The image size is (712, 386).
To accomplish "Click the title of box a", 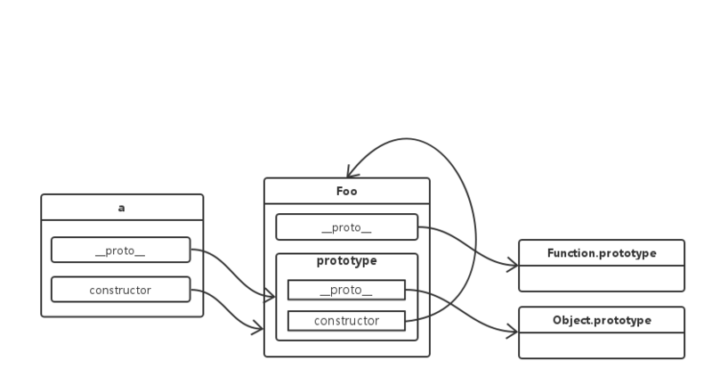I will (122, 208).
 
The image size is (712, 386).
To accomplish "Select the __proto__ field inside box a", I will (120, 250).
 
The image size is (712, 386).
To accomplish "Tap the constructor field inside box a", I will (120, 290).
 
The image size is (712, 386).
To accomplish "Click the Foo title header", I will (346, 191).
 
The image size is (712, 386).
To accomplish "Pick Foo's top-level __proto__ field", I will (345, 227).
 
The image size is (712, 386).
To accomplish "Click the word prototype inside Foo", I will (346, 261).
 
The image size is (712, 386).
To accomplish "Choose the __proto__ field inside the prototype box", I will (346, 290).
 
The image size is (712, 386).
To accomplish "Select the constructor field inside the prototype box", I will (346, 320).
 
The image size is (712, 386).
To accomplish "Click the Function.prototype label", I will (602, 253).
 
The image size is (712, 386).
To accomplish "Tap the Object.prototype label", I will (602, 320).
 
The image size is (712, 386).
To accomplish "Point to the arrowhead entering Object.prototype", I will (514, 333).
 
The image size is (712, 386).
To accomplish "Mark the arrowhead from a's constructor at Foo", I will (258, 330).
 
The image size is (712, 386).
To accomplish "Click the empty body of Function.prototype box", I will (602, 278).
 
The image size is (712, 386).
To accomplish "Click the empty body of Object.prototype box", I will (602, 345).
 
